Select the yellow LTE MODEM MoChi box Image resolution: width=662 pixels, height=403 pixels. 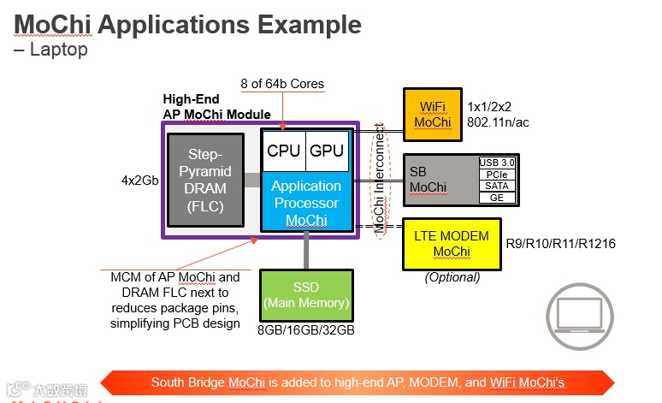[452, 243]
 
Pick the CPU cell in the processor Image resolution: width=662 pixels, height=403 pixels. [284, 151]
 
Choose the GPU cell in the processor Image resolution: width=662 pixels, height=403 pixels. [328, 151]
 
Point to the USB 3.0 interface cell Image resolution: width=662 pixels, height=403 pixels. [497, 162]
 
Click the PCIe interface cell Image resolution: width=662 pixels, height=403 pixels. [497, 173]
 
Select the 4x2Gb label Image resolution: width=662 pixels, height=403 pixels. [140, 181]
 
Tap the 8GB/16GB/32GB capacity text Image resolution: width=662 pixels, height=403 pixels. [306, 328]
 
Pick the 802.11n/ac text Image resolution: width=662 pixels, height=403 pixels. [498, 122]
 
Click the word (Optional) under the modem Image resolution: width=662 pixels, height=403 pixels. [452, 277]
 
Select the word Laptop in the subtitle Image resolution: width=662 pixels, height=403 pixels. [58, 50]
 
